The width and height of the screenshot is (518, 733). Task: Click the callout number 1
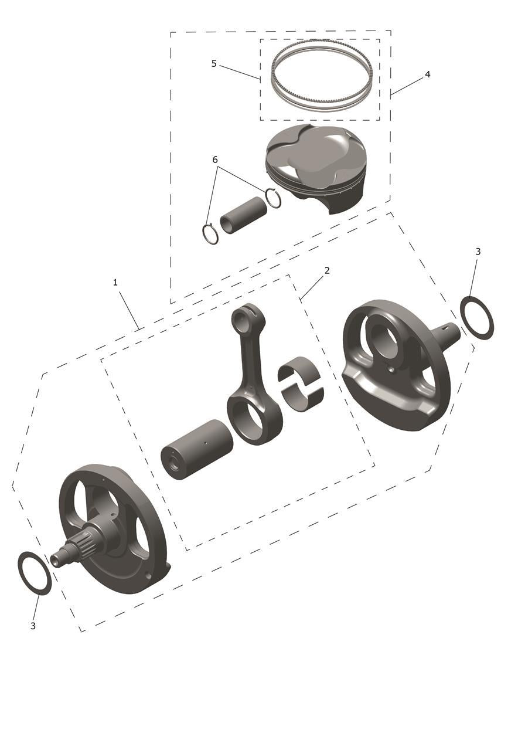[115, 283]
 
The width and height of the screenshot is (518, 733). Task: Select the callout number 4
[427, 74]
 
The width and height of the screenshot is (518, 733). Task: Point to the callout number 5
[214, 63]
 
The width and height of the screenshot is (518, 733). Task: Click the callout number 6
[215, 160]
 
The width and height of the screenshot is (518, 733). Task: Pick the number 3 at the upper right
[478, 252]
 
